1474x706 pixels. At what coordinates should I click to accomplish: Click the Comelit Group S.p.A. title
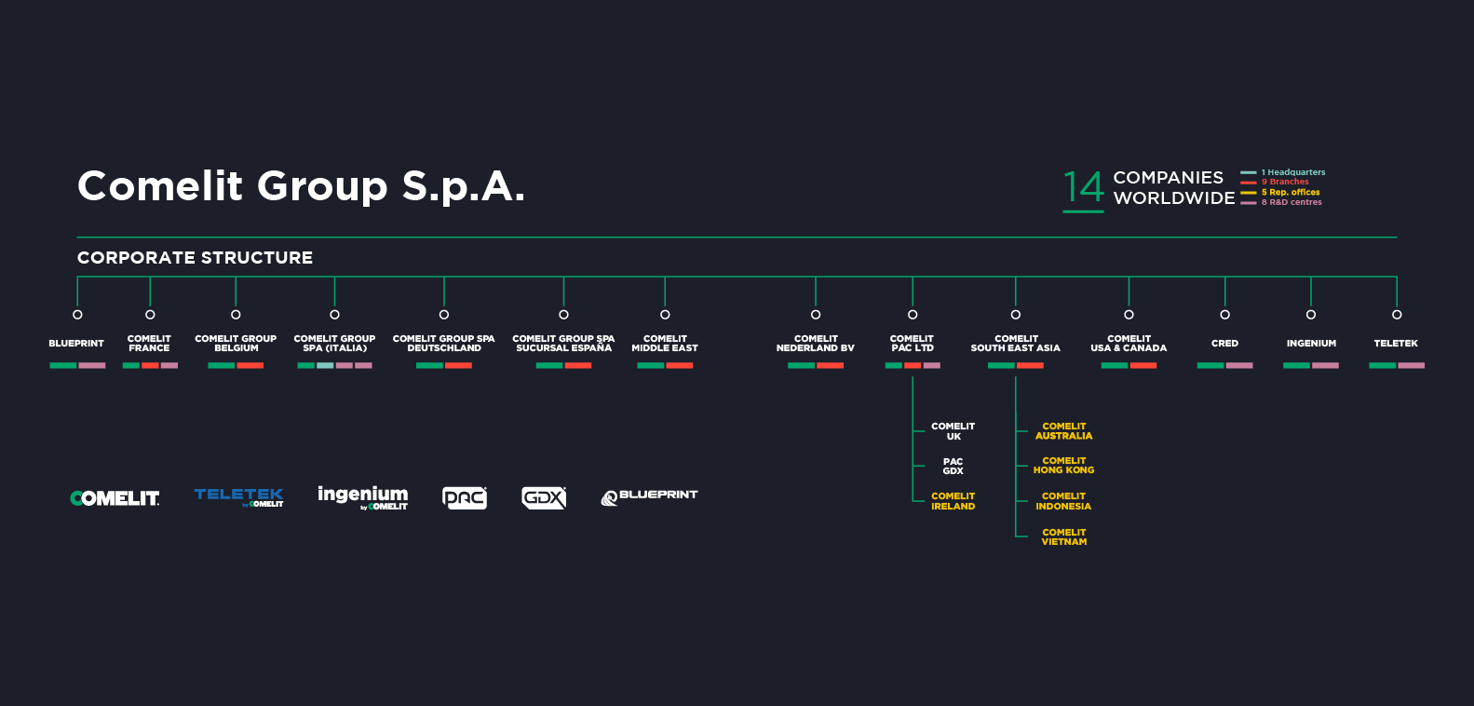(301, 186)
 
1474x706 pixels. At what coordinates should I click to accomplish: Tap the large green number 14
(1083, 187)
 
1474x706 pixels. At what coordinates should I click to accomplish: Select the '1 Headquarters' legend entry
(1292, 172)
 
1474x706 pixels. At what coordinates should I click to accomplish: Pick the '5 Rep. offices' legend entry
(1290, 192)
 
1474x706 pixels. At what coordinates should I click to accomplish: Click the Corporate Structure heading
(195, 258)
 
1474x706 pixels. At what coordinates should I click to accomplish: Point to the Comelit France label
(149, 344)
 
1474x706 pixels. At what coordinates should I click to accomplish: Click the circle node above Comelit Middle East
(665, 315)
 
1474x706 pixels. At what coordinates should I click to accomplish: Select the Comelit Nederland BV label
(815, 344)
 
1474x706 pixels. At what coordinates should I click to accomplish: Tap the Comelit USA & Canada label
(1129, 344)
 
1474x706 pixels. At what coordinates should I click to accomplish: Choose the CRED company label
(1224, 344)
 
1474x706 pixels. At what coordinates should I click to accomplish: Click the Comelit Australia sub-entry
(1063, 431)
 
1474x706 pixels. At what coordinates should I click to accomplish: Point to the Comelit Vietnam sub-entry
(1063, 537)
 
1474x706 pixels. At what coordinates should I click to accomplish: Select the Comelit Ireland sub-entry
(953, 501)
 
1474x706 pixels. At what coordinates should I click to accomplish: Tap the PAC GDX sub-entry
(953, 467)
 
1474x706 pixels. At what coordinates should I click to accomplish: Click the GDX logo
(544, 498)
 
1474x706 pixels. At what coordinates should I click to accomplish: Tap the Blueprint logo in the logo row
(649, 497)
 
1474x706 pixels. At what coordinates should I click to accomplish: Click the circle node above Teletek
(1396, 315)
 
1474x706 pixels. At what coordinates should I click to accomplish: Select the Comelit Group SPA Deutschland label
(443, 344)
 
